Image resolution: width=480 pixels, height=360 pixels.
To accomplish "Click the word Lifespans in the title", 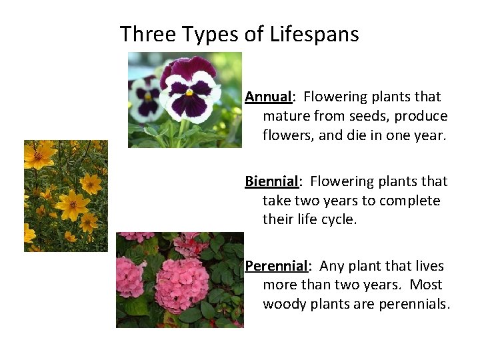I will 314,34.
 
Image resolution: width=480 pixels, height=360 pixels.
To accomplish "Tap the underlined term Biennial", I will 271,181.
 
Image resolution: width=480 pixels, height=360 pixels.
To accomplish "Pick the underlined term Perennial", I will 276,266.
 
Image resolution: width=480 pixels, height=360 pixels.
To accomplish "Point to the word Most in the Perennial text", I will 425,285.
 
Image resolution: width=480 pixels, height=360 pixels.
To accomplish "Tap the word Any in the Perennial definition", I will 331,266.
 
